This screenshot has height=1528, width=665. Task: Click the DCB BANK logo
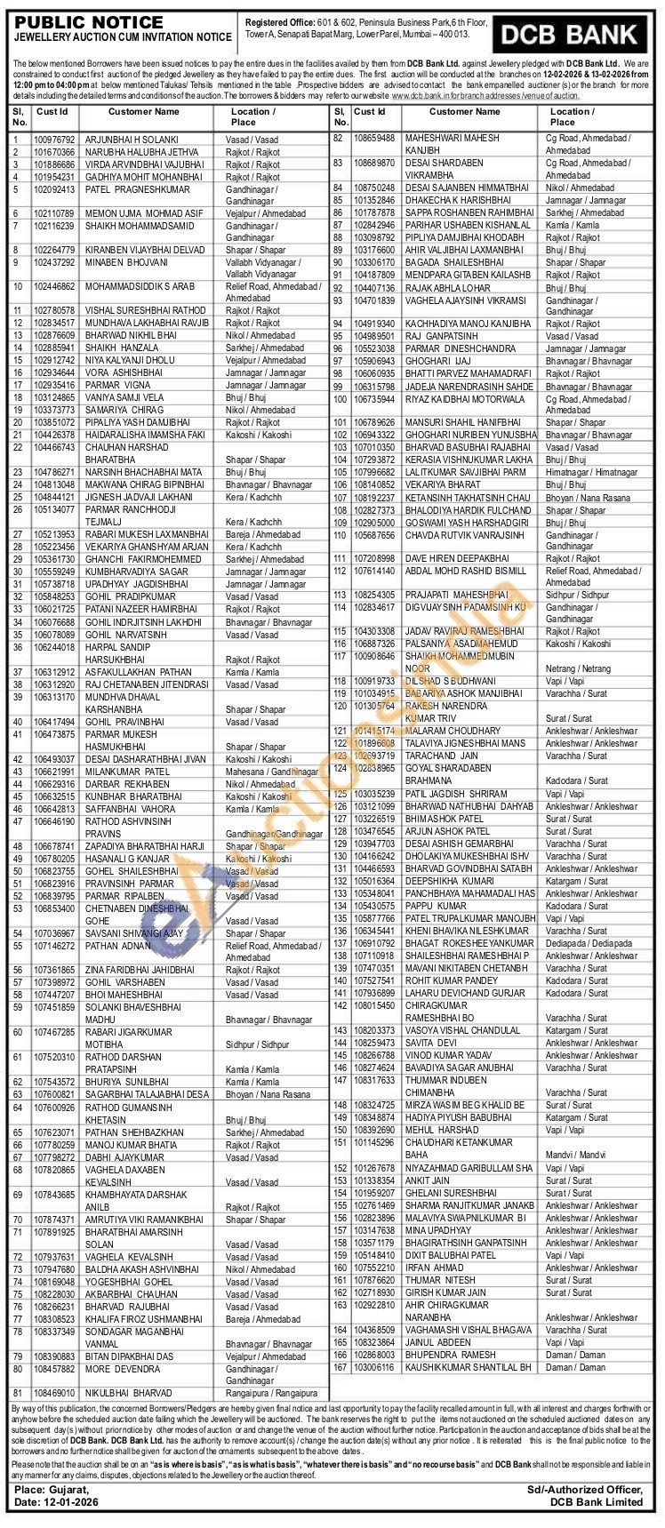570,35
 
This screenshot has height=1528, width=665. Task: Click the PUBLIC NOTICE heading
89,22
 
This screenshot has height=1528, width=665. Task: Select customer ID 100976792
54,140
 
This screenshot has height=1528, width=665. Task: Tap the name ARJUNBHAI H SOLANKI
132,140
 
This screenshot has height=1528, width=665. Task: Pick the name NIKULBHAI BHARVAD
128,1393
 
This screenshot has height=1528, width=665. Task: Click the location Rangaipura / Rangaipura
268,1393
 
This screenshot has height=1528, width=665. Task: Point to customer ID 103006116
373,1367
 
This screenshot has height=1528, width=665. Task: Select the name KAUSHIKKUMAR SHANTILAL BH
468,1367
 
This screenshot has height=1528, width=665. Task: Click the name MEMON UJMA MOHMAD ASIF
138,214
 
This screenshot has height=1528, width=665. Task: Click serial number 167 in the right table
339,1367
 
